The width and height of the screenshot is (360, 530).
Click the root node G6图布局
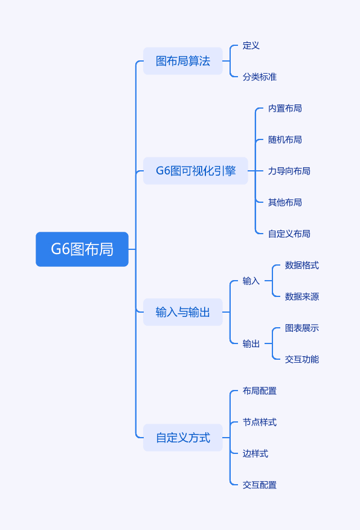[x=82, y=249]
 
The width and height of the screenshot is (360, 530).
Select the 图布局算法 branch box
[x=182, y=61]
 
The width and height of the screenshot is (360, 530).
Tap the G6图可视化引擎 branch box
[x=196, y=171]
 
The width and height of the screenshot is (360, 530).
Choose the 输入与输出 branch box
[x=182, y=312]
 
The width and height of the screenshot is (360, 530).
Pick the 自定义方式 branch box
[x=182, y=438]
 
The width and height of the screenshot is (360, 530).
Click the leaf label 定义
[x=251, y=46]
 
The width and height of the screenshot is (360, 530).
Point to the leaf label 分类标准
[x=260, y=77]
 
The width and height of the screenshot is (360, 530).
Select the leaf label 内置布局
[x=285, y=109]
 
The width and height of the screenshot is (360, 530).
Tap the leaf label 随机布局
[x=285, y=139]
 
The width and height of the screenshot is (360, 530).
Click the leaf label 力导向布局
[x=289, y=171]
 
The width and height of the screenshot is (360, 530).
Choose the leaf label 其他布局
[x=285, y=202]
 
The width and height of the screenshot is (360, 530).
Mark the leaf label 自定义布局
[x=289, y=234]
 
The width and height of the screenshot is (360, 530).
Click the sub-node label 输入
[x=251, y=281]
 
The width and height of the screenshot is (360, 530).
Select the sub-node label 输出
[x=251, y=343]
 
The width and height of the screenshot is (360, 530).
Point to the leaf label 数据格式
[x=302, y=266]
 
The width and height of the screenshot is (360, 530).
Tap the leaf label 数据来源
[x=302, y=297]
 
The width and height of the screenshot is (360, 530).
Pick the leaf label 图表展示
[x=302, y=328]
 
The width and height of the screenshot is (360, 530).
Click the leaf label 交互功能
[x=302, y=359]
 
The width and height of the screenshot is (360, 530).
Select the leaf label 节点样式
[x=260, y=422]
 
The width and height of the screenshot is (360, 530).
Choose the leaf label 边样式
[x=256, y=453]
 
